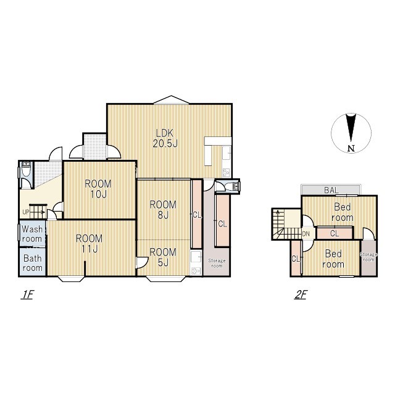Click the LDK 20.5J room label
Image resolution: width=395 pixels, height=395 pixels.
click(x=165, y=138)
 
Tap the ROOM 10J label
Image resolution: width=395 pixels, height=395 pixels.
click(x=98, y=189)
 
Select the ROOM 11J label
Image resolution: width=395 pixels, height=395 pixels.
click(x=89, y=244)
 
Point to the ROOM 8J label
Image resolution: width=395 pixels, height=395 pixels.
click(x=163, y=210)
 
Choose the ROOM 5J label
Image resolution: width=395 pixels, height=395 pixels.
click(x=163, y=257)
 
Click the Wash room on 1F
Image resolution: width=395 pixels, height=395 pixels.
click(x=32, y=234)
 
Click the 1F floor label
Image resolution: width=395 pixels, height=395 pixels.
click(x=27, y=294)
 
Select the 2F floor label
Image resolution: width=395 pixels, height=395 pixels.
click(x=301, y=294)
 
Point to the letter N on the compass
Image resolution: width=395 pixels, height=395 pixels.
click(x=351, y=149)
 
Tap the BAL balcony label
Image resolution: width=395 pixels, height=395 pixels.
click(x=331, y=190)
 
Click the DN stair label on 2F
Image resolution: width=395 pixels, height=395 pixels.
click(x=306, y=234)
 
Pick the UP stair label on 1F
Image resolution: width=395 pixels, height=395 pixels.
click(x=26, y=212)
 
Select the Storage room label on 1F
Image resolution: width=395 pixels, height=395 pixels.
click(x=217, y=264)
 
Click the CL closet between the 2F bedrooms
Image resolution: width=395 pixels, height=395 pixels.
click(x=335, y=233)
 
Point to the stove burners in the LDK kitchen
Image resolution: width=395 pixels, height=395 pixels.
click(x=226, y=173)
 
